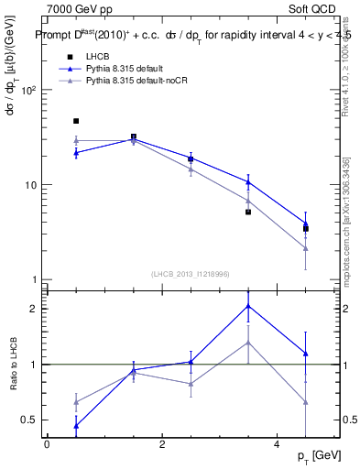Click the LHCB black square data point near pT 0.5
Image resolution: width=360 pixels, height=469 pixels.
tap(76, 121)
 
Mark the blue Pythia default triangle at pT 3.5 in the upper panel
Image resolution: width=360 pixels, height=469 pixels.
tap(248, 181)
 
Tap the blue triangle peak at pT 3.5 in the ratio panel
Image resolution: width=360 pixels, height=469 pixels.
tap(248, 306)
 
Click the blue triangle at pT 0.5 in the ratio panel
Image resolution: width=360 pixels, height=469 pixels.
tap(76, 426)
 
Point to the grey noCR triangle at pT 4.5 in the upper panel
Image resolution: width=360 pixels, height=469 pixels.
tap(306, 248)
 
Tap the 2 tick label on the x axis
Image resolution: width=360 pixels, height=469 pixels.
tap(162, 444)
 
